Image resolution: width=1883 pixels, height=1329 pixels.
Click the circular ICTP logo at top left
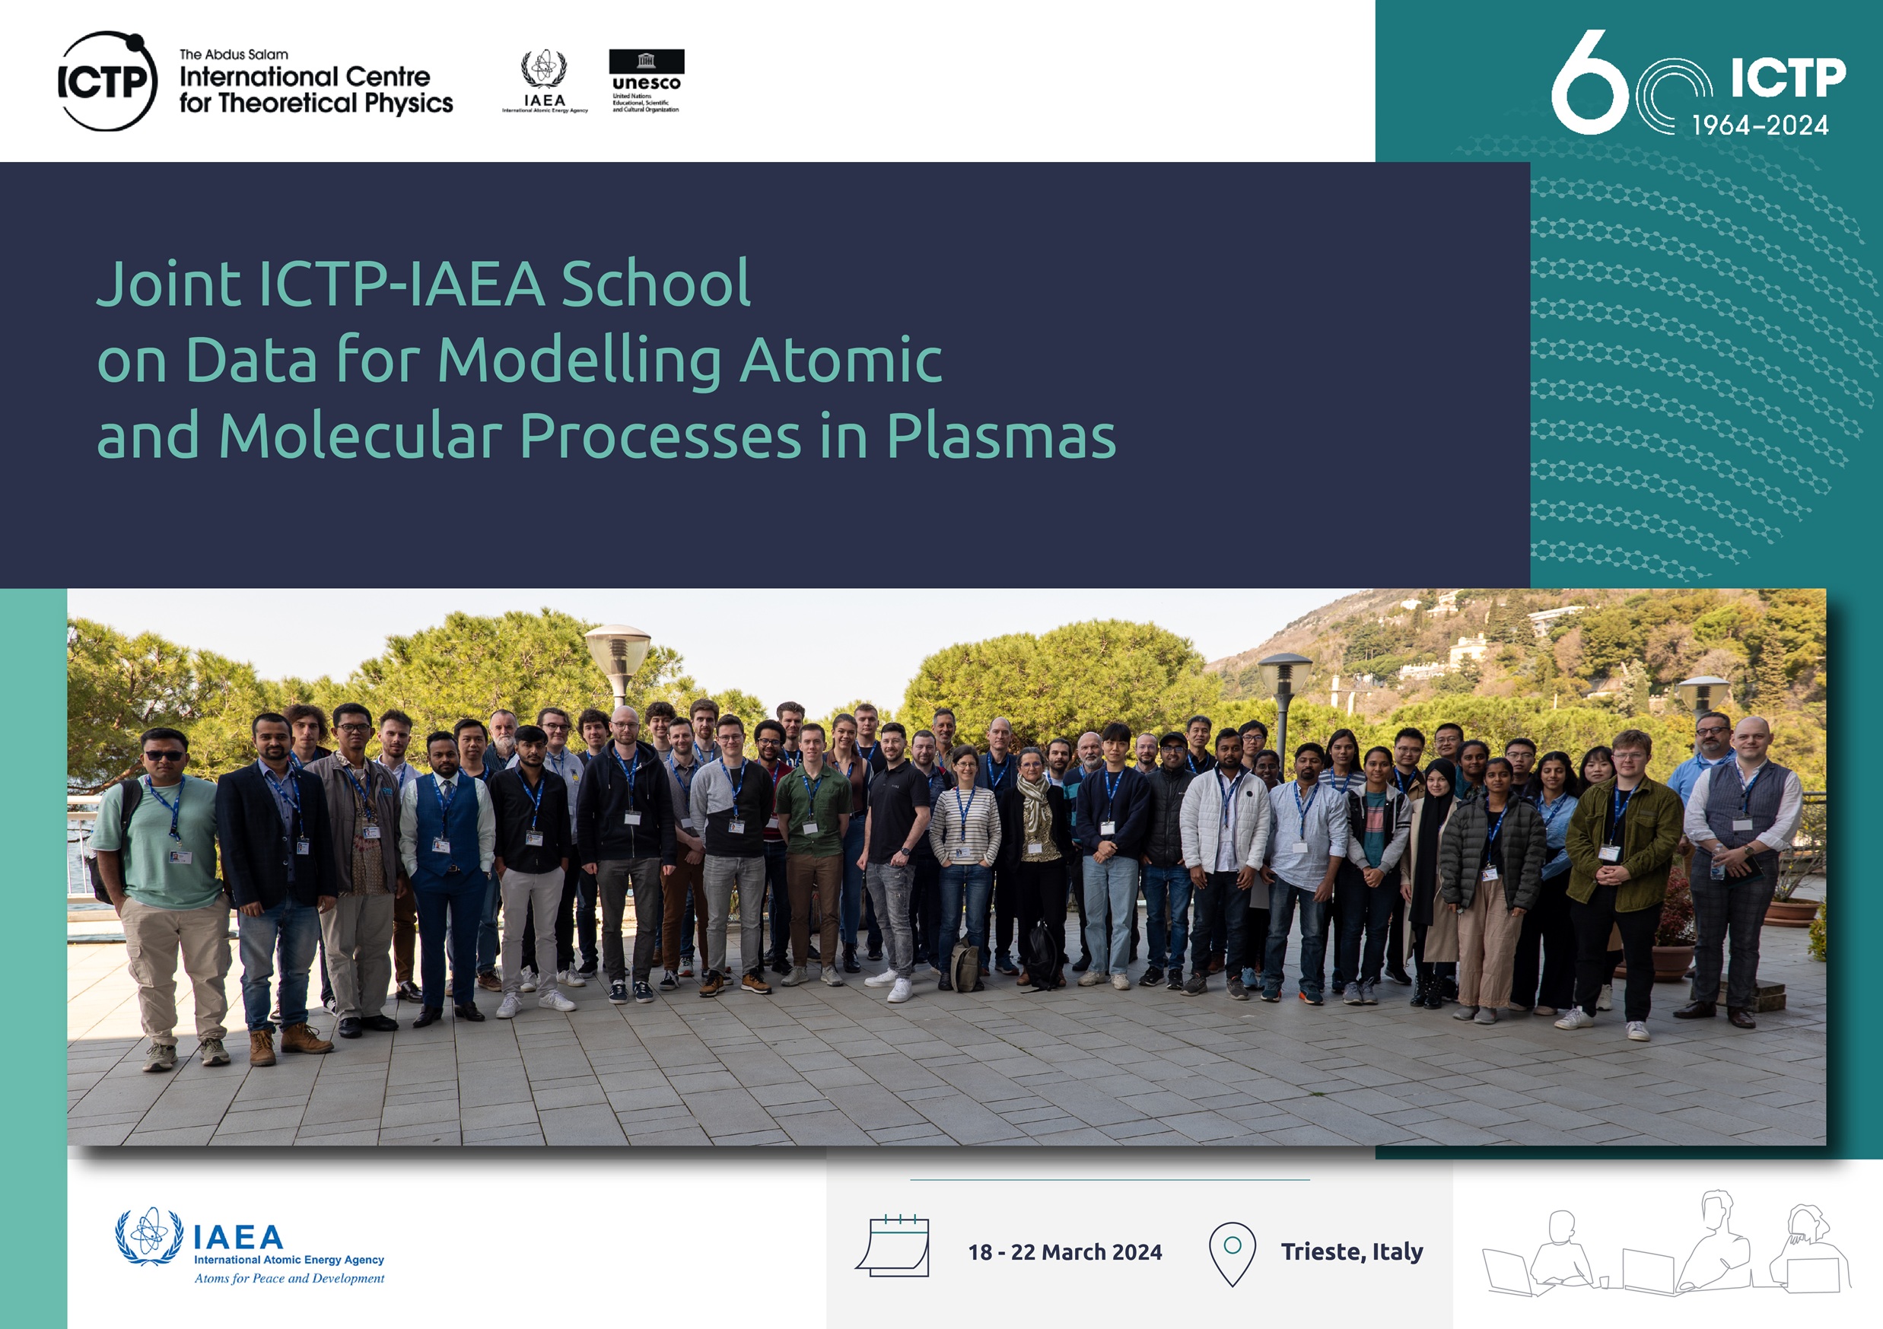tap(107, 81)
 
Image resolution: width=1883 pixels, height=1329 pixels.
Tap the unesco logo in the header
tap(646, 81)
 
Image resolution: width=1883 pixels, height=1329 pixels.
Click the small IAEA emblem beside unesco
tap(545, 81)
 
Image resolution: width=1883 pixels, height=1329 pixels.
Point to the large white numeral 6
tap(1589, 83)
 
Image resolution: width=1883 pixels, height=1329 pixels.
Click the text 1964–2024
tap(1760, 126)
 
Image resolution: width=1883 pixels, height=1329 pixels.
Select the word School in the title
tap(655, 284)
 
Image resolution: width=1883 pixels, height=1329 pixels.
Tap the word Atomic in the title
tap(841, 360)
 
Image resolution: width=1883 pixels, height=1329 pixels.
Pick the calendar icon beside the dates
tap(892, 1245)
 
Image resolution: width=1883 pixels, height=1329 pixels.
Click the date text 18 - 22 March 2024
tap(1064, 1252)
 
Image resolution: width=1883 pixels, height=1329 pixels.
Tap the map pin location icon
tap(1232, 1254)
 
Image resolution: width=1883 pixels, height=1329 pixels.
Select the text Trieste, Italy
tap(1351, 1252)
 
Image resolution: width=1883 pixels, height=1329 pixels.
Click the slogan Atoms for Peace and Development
tap(288, 1278)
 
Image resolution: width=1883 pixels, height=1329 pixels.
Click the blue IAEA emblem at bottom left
tap(149, 1236)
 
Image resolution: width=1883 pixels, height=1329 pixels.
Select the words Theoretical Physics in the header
tap(336, 103)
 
